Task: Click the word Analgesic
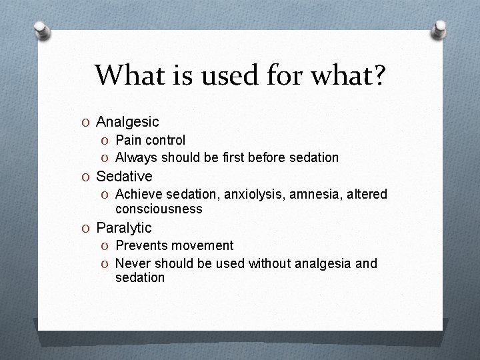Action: (127, 122)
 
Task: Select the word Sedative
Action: (124, 177)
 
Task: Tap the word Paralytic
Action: (124, 228)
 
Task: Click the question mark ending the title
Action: (378, 75)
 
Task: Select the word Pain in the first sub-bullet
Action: (129, 140)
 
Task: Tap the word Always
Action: (136, 158)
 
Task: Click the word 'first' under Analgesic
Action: (235, 158)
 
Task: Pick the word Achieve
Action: (138, 194)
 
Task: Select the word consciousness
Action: (159, 209)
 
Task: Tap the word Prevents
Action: (141, 245)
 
